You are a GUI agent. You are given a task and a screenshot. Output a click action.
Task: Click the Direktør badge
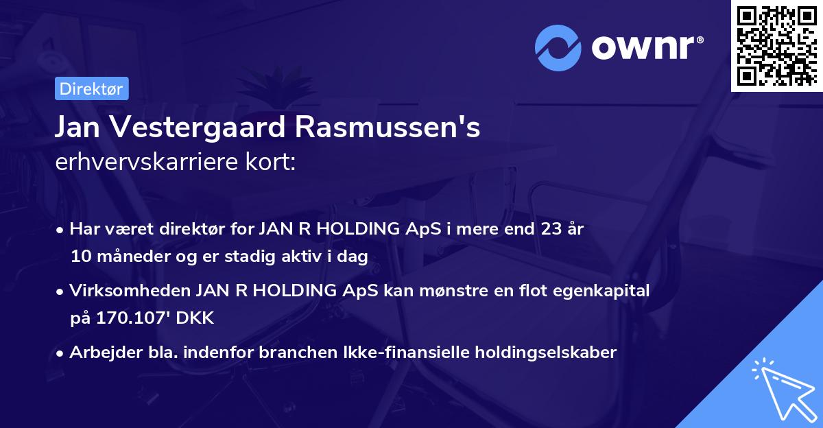[x=91, y=88]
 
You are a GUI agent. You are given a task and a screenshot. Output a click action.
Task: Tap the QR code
[x=776, y=45]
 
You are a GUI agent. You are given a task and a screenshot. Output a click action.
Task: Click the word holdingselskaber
[x=549, y=353]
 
